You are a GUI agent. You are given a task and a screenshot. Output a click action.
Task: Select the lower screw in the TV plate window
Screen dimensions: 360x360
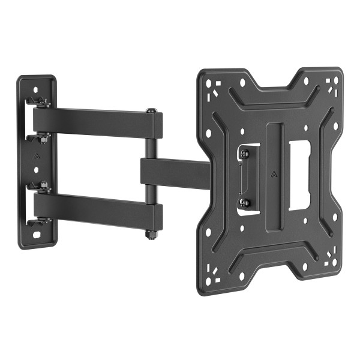[x=244, y=203]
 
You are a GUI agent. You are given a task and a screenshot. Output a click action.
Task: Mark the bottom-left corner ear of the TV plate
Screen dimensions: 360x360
[x=211, y=279]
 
